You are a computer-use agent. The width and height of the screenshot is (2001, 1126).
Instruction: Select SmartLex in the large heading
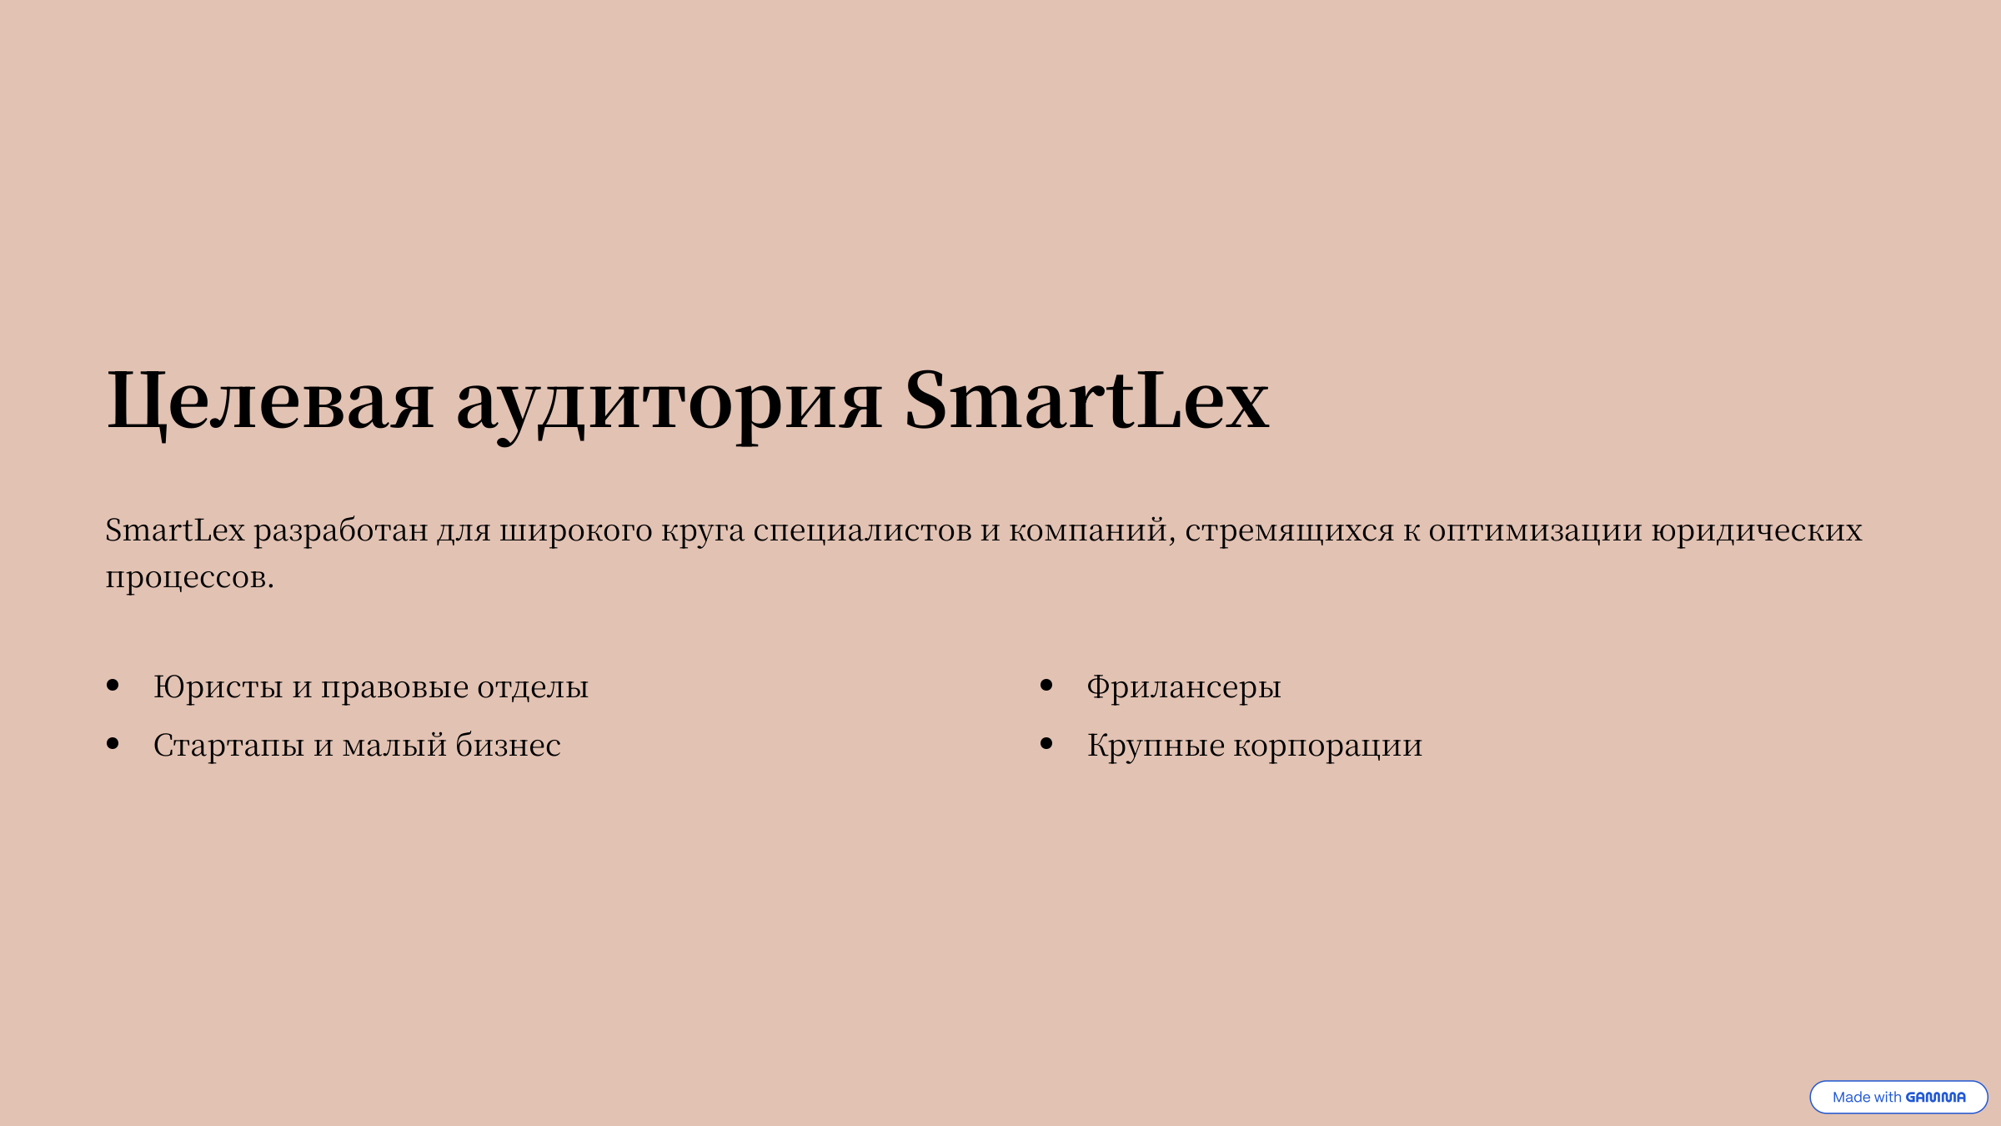click(1087, 400)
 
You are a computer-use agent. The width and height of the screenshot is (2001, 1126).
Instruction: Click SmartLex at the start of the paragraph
click(175, 530)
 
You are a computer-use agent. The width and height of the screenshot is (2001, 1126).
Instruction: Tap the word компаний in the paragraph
click(1091, 531)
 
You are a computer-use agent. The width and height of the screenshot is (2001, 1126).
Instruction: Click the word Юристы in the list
click(218, 687)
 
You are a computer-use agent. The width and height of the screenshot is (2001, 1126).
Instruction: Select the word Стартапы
click(229, 746)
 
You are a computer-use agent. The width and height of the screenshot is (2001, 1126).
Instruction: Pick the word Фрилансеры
click(1184, 688)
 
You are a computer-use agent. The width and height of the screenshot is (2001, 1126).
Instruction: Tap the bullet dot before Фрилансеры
click(1046, 686)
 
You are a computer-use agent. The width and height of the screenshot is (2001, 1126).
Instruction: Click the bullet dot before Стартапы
click(113, 744)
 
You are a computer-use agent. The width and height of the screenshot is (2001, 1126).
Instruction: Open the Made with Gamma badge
click(1898, 1097)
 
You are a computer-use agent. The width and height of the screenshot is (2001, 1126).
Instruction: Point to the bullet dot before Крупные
click(1046, 744)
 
